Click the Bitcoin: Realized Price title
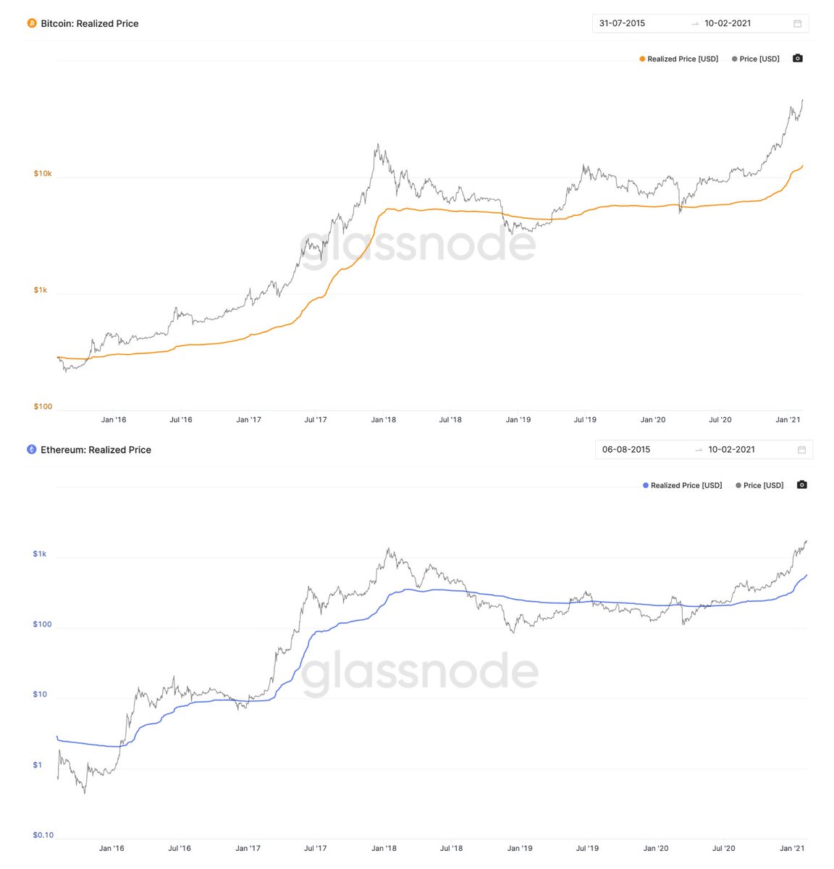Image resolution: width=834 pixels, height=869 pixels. (89, 23)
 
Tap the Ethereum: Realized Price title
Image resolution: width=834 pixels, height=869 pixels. (96, 450)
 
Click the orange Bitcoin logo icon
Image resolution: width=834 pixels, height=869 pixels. (31, 23)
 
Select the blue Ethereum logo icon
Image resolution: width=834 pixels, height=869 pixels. (31, 450)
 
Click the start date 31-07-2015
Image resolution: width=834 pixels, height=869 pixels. (622, 23)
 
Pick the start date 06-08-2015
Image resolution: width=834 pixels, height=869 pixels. (626, 450)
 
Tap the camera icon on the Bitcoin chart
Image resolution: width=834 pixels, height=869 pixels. (798, 59)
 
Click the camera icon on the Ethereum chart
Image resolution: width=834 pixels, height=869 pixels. (801, 485)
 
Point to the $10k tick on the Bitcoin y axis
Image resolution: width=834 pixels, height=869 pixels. (43, 174)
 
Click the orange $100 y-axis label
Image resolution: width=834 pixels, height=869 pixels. (43, 406)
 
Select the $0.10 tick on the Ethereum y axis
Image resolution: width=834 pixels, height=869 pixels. (43, 835)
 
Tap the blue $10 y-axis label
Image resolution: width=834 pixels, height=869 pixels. (40, 694)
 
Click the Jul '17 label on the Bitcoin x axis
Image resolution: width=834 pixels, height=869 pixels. (315, 419)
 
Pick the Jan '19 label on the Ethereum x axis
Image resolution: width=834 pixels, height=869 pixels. (520, 848)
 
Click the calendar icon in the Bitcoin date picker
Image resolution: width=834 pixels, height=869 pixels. (797, 23)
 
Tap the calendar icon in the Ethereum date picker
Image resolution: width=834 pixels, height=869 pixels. (801, 450)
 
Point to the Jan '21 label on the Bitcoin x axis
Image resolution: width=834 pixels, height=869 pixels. (788, 419)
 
